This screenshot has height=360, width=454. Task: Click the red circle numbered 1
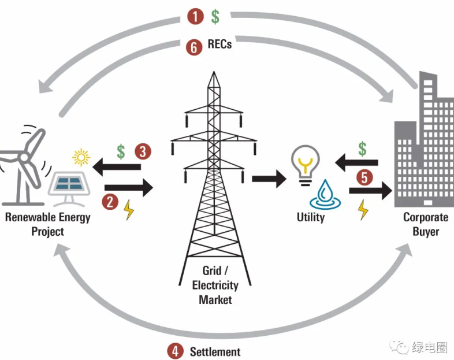coord(196,16)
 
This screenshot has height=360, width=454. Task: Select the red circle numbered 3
coord(143,152)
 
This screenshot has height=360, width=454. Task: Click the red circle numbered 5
coord(364,177)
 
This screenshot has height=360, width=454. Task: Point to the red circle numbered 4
coord(175,351)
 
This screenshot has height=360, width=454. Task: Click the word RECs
coord(219,44)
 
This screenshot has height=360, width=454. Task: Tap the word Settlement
coord(215,351)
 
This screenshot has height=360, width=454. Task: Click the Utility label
coord(311,217)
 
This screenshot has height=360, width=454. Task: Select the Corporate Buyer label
coord(426,224)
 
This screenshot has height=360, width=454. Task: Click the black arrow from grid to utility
coord(269,179)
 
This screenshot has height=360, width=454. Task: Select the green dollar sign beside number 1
coord(215,16)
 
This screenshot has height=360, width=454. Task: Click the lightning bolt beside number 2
coord(129,211)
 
